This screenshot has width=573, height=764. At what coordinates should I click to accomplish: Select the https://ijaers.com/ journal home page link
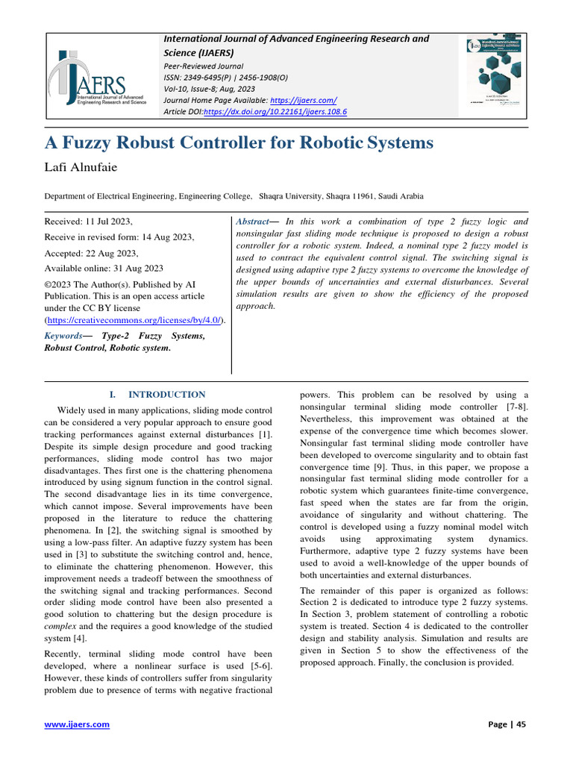tap(304, 100)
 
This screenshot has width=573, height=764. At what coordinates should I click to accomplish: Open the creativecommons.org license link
tap(134, 319)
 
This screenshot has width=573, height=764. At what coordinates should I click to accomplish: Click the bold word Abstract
tap(251, 222)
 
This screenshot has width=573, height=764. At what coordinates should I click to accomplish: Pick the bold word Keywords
tap(63, 336)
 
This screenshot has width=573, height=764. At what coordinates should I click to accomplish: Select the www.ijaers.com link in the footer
tap(78, 724)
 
